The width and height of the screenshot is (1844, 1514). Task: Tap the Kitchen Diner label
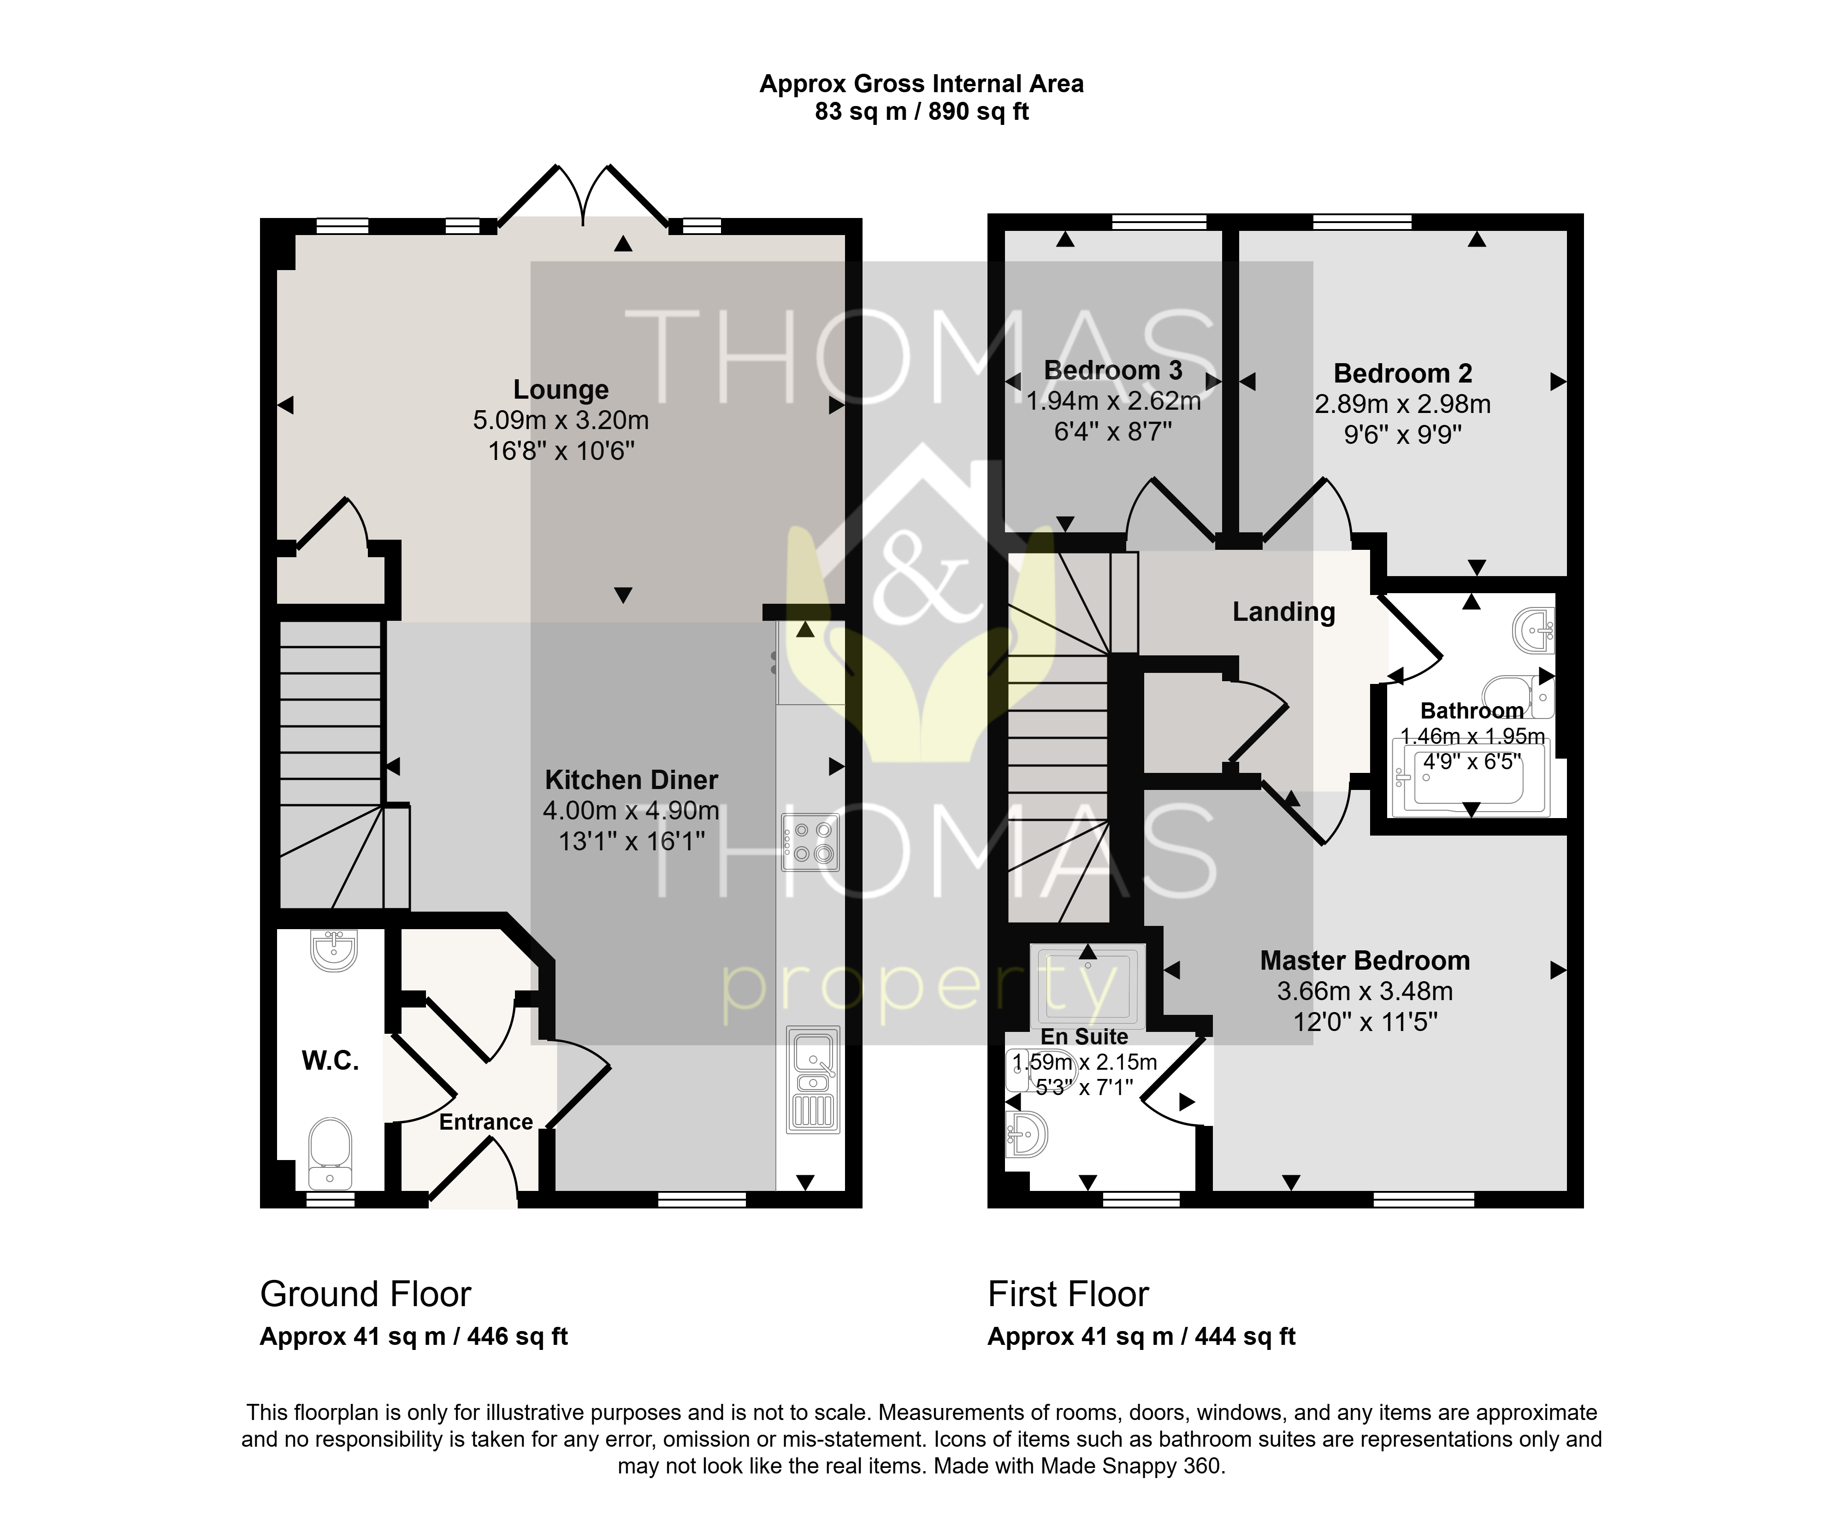pos(632,780)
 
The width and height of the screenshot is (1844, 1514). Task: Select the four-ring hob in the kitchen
pos(810,842)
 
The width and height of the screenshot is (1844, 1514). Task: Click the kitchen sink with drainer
pos(813,1080)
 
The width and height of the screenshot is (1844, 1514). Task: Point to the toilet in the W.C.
pos(331,1153)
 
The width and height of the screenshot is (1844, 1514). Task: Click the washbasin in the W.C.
pos(333,951)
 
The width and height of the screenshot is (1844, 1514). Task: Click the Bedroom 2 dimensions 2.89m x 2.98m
pos(1403,404)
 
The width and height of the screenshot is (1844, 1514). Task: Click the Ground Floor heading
pos(366,1294)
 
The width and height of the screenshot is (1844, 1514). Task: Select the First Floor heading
pos(1069,1294)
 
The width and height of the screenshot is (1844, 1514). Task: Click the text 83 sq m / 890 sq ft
pos(922,112)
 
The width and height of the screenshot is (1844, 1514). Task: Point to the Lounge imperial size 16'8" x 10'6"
pos(561,451)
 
